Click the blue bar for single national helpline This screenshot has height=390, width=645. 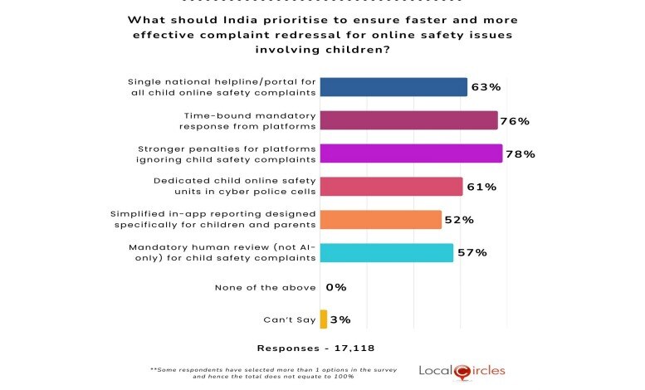(393, 87)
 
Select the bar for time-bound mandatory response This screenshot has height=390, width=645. (408, 120)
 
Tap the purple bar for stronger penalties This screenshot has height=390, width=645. (411, 154)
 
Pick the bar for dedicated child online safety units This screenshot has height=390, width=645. (391, 187)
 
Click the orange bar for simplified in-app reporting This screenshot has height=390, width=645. (380, 220)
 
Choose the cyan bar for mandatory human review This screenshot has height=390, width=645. (386, 253)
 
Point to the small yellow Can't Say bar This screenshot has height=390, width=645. (323, 319)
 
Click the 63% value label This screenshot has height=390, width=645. (486, 87)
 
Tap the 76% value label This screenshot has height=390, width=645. (516, 120)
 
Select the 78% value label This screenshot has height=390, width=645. (520, 154)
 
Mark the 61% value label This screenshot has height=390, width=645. (481, 187)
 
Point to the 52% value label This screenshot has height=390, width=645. (459, 220)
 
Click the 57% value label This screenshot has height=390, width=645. (472, 253)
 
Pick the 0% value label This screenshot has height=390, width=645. (335, 287)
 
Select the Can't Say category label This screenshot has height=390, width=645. (289, 319)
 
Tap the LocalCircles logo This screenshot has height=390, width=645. (462, 370)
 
